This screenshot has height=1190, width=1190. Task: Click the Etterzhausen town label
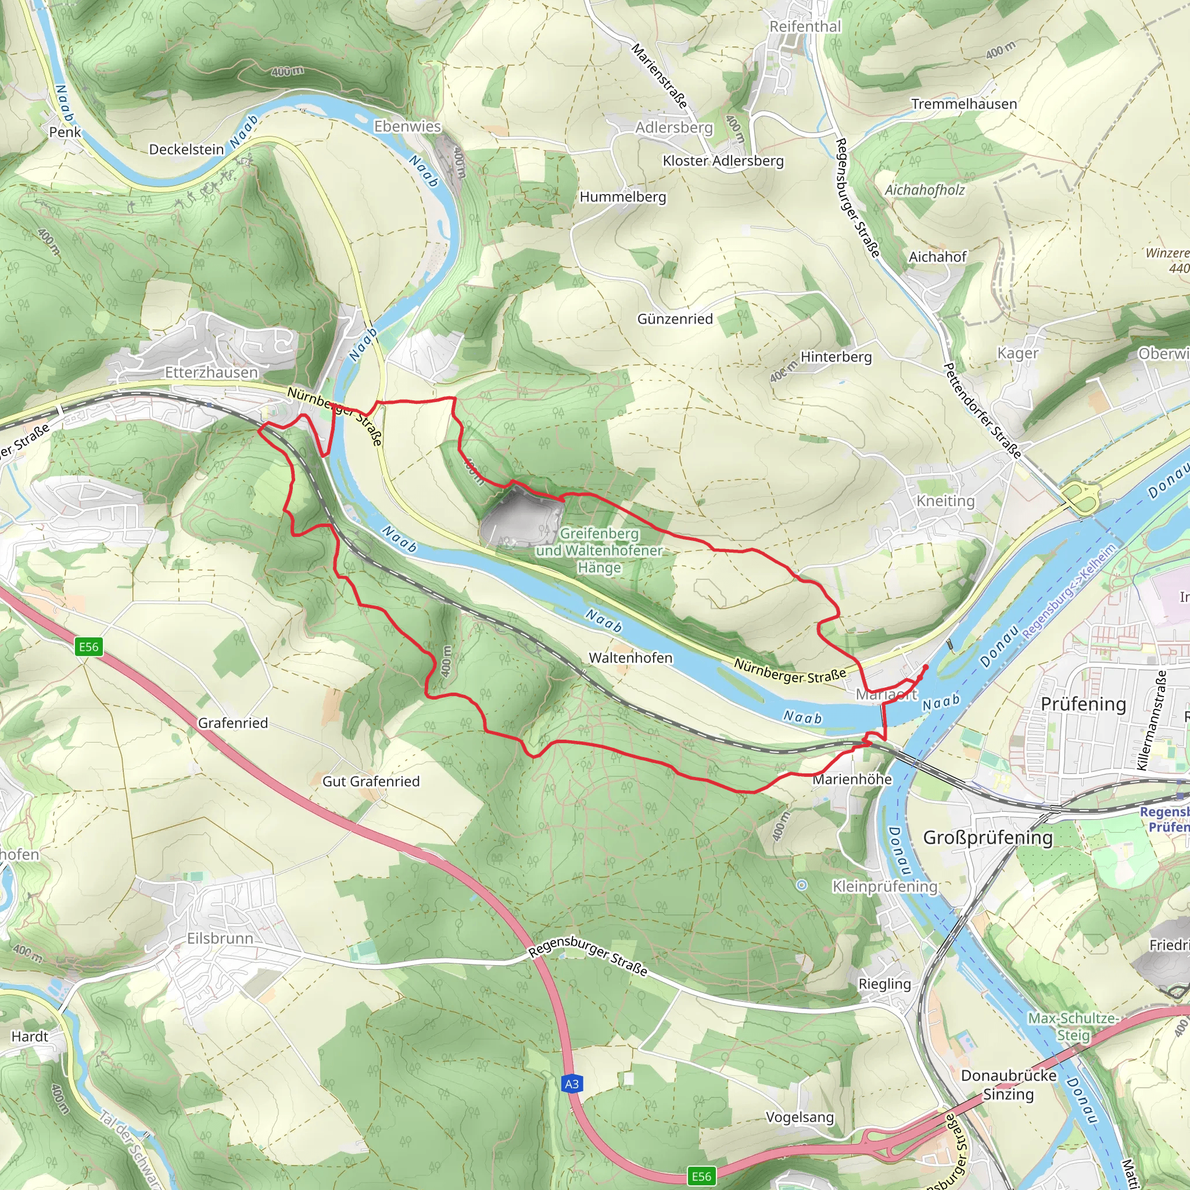pyautogui.click(x=212, y=372)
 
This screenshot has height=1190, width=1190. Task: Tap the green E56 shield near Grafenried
pyautogui.click(x=88, y=647)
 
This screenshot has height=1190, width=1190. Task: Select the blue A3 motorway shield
pyautogui.click(x=571, y=1084)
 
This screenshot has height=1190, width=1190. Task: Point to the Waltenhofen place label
pyautogui.click(x=630, y=658)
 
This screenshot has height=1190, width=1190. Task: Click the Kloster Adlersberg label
pyautogui.click(x=723, y=161)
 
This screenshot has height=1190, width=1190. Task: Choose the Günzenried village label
pyautogui.click(x=675, y=319)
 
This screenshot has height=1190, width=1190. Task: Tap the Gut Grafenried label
pyautogui.click(x=371, y=782)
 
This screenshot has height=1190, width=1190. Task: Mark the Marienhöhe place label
pyautogui.click(x=852, y=780)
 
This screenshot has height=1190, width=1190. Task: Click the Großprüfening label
pyautogui.click(x=987, y=838)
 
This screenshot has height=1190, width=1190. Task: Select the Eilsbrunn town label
pyautogui.click(x=220, y=939)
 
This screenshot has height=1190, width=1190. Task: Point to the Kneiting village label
pyautogui.click(x=945, y=501)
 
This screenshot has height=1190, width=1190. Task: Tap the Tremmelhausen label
pyautogui.click(x=964, y=104)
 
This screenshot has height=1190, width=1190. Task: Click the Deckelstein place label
pyautogui.click(x=186, y=150)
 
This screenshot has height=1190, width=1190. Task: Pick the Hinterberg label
pyautogui.click(x=836, y=357)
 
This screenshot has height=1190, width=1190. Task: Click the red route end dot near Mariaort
pyautogui.click(x=925, y=666)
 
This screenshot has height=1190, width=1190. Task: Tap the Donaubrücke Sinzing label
pyautogui.click(x=1008, y=1085)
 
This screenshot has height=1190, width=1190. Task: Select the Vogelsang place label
pyautogui.click(x=800, y=1117)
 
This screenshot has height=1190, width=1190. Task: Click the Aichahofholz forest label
pyautogui.click(x=924, y=191)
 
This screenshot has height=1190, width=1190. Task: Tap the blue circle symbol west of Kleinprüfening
pyautogui.click(x=801, y=885)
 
